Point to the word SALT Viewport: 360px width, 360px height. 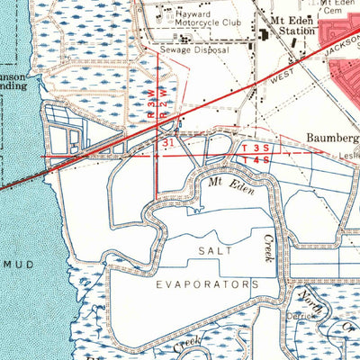(218, 250)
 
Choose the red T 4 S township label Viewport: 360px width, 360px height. (253, 160)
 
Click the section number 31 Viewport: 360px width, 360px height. (168, 142)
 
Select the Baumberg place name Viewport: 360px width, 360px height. (329, 138)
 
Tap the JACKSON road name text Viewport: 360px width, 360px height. (338, 56)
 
